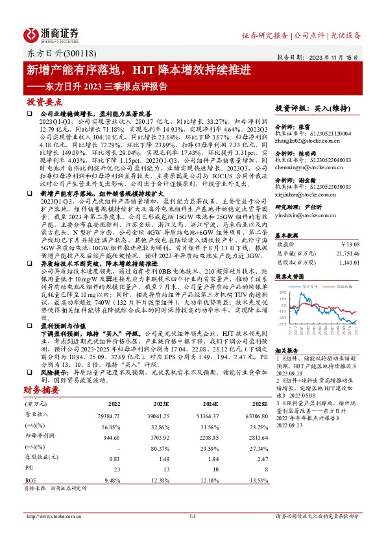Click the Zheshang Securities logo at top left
(51, 34)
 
